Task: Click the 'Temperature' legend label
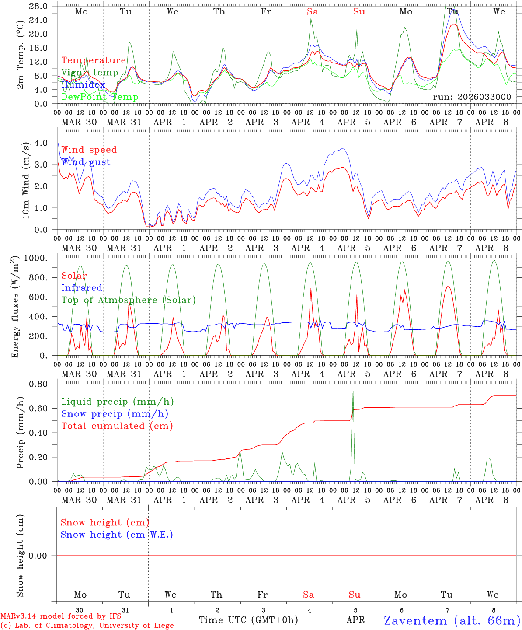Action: pos(94,60)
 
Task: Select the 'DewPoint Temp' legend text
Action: pos(100,97)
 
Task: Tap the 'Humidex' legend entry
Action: pos(83,85)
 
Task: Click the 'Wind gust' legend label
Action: pos(86,162)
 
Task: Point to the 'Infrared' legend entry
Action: pos(82,288)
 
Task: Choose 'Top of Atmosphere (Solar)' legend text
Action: pos(129,300)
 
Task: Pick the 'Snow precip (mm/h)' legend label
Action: pos(115,414)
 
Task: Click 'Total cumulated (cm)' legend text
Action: pos(117,426)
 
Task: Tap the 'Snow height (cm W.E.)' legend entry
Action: pos(117,535)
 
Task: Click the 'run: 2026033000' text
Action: pos(472,97)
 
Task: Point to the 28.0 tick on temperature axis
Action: pos(39,6)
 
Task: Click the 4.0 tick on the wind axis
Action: pos(41,143)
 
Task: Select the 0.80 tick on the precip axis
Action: pos(39,384)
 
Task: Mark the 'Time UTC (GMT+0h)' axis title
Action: pos(248,620)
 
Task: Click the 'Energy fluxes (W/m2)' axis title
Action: pos(16,306)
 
